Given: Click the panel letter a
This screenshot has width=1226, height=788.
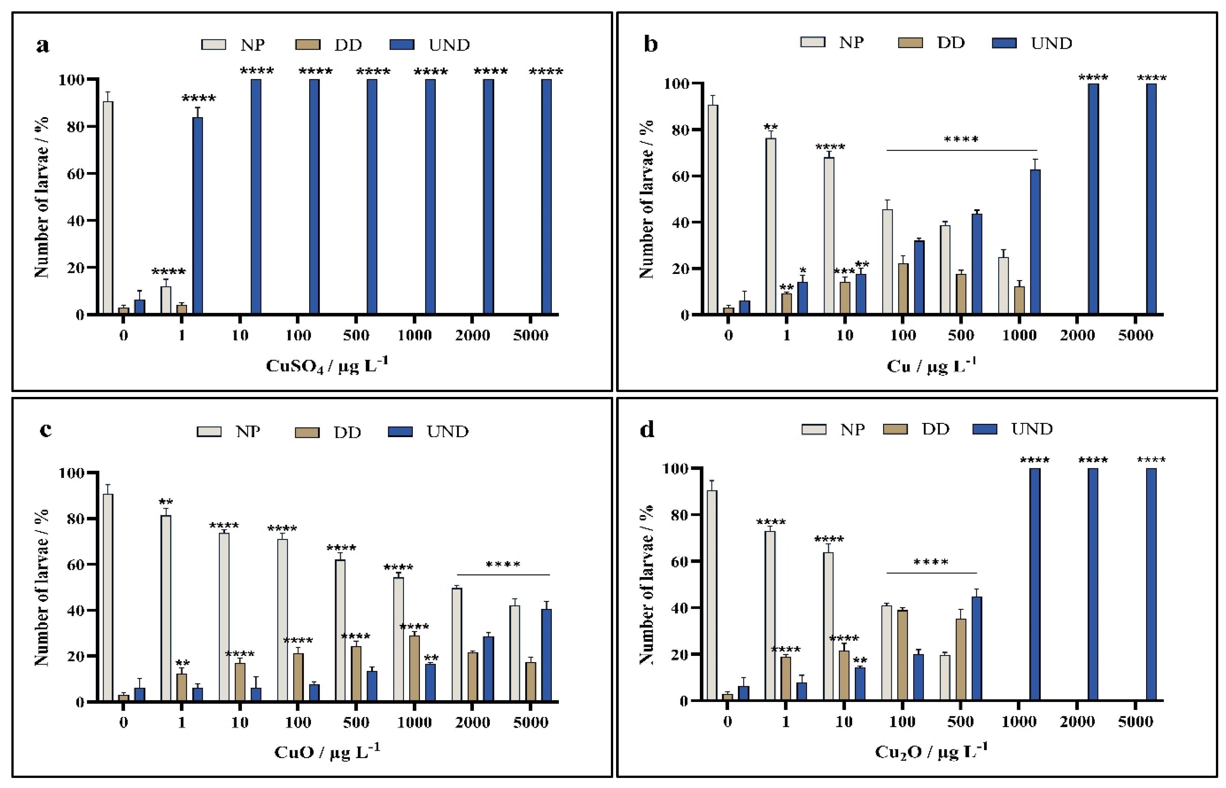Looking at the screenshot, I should (43, 45).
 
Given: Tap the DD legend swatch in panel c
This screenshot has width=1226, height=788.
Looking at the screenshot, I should (307, 432).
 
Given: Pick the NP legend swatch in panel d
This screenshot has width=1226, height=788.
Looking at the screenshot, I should (814, 429).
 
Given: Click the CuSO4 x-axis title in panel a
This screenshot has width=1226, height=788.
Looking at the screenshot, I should (327, 365).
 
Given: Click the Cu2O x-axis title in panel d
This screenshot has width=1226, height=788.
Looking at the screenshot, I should (931, 752).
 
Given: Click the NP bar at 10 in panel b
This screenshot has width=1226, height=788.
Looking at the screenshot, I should (829, 235).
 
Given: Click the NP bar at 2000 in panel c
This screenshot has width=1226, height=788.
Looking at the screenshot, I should (457, 645).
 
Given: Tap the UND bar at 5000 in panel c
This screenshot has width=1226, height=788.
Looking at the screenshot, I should (546, 655).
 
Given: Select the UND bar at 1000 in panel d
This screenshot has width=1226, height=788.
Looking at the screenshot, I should (1035, 585).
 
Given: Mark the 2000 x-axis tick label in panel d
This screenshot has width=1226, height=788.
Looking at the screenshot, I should (1077, 722).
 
